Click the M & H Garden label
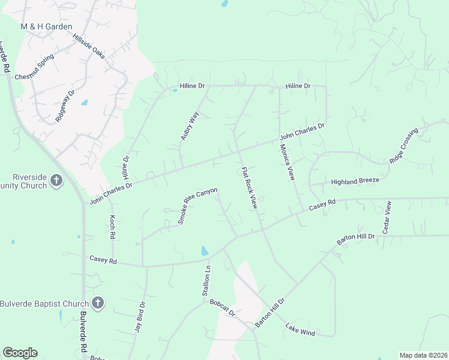46,27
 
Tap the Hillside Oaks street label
89,47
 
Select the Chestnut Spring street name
34,68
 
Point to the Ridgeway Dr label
65,106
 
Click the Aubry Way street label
189,125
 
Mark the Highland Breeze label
355,181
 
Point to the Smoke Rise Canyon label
197,206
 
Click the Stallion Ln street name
207,281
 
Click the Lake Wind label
300,329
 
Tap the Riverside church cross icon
56,181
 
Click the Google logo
20,352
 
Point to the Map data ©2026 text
423,355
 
